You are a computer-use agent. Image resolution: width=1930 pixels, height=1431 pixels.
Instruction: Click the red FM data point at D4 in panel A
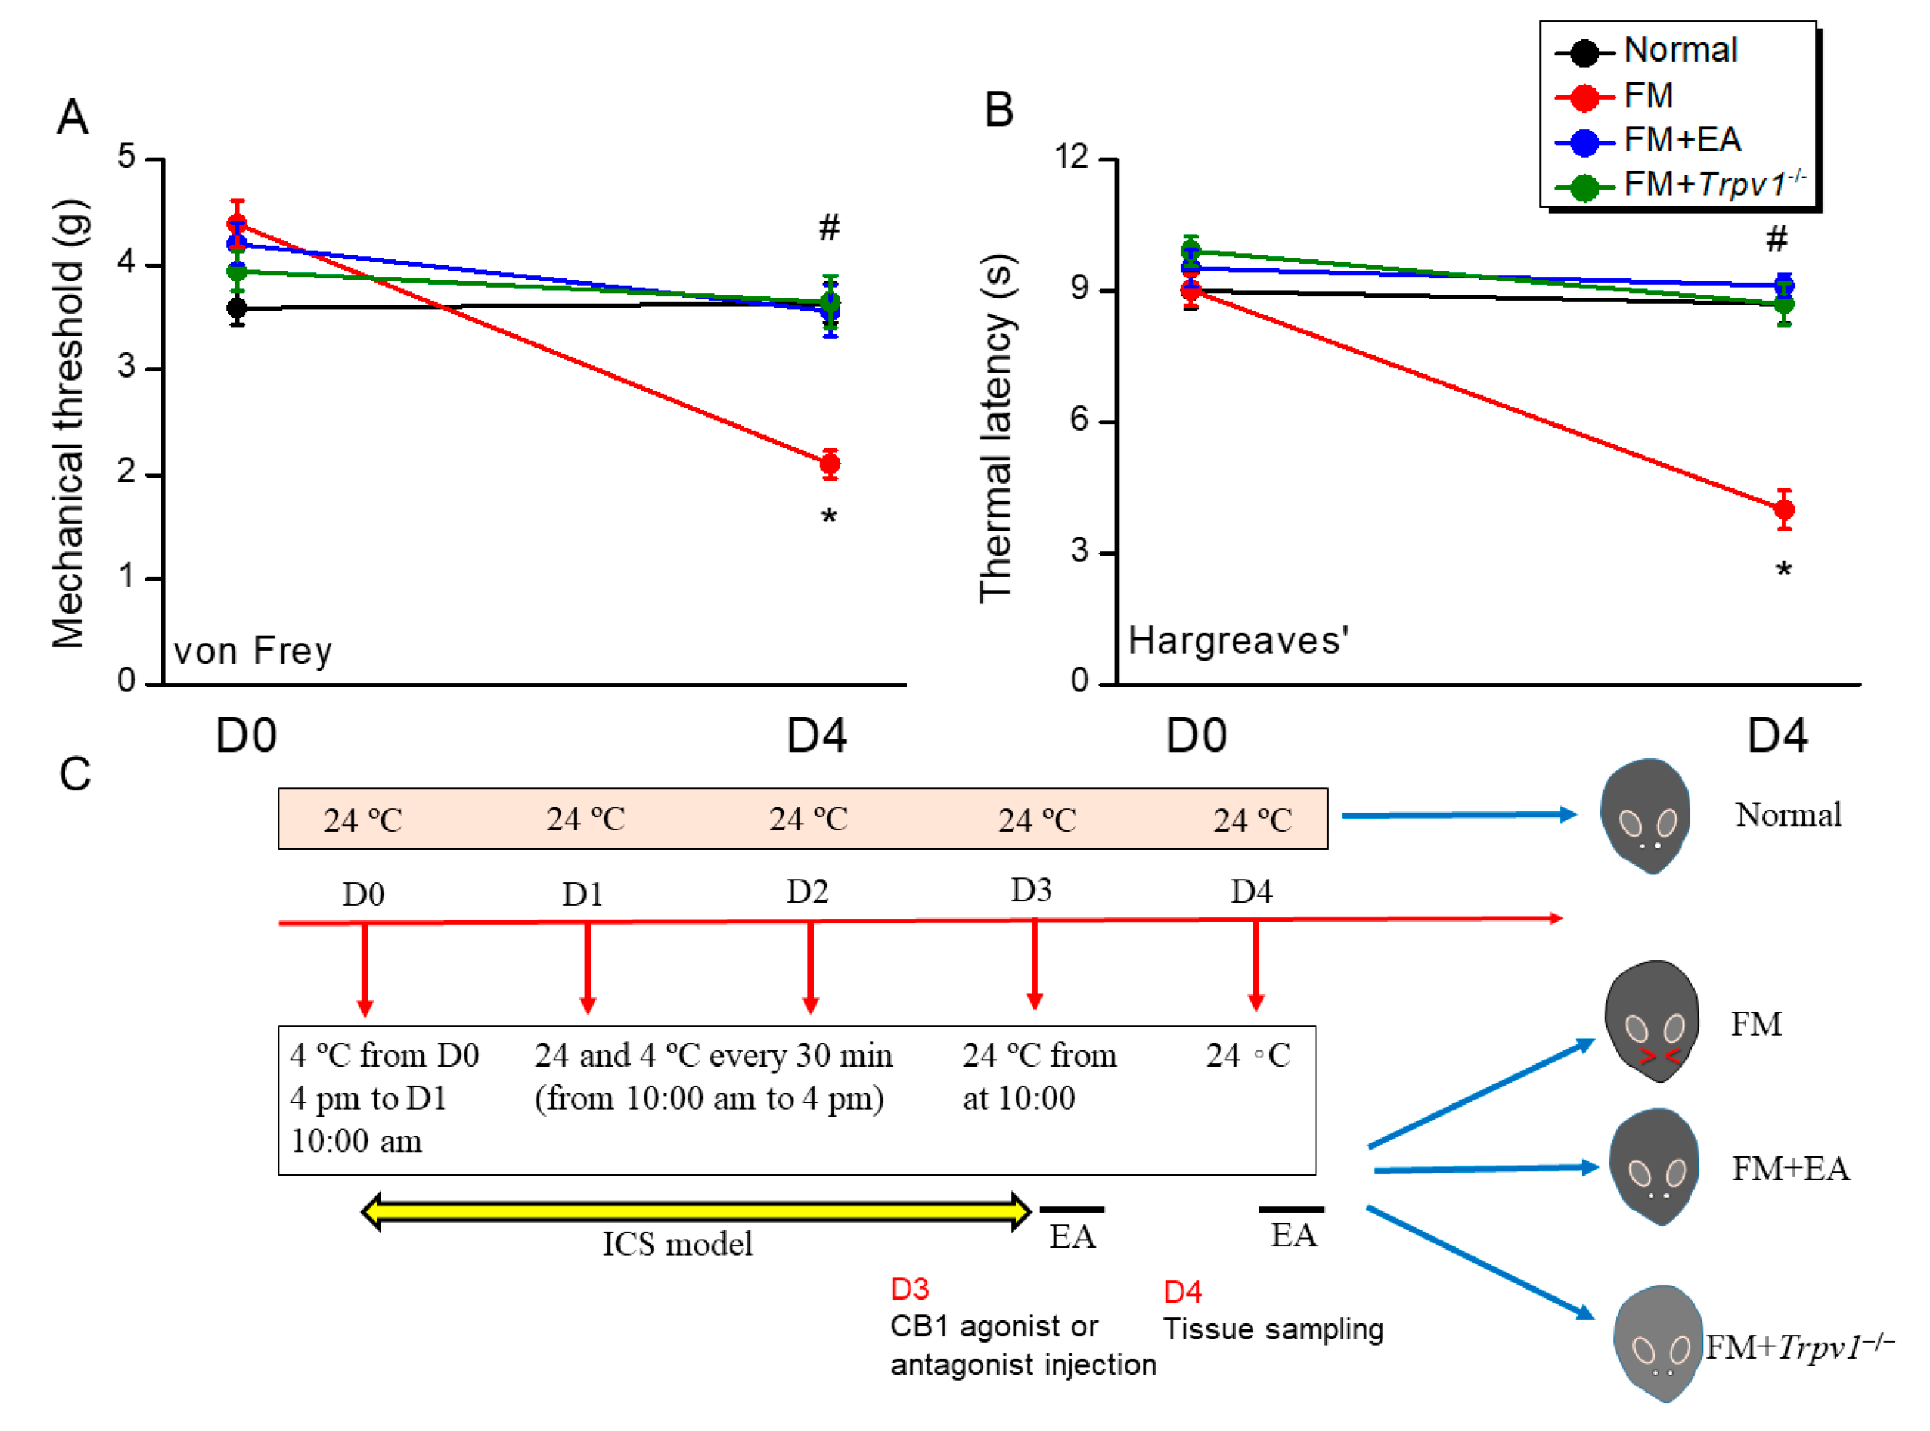[x=829, y=464]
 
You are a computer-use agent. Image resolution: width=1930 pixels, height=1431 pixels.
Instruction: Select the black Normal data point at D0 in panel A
[x=235, y=308]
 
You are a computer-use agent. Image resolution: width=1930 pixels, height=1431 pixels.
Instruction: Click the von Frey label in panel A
[x=252, y=651]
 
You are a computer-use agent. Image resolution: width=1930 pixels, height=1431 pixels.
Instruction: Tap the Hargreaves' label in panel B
[x=1238, y=641]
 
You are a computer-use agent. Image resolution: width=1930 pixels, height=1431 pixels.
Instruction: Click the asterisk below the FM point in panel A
[x=829, y=518]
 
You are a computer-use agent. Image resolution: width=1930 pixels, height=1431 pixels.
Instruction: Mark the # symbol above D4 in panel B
[x=1775, y=238]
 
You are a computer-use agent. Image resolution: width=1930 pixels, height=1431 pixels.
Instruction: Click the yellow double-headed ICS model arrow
[x=696, y=1210]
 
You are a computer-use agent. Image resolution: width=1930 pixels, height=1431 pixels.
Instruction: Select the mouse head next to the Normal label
[x=1644, y=815]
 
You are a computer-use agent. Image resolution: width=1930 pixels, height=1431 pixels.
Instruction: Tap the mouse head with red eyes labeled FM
[x=1650, y=1020]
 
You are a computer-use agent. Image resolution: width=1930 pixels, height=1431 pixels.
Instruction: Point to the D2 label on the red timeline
[x=807, y=891]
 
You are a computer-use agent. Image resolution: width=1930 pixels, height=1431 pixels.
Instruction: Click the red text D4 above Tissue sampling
[x=1182, y=1292]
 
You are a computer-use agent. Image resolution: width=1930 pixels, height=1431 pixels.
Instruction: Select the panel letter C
[x=75, y=774]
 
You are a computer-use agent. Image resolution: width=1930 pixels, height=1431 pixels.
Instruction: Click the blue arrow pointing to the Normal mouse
[x=1458, y=814]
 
